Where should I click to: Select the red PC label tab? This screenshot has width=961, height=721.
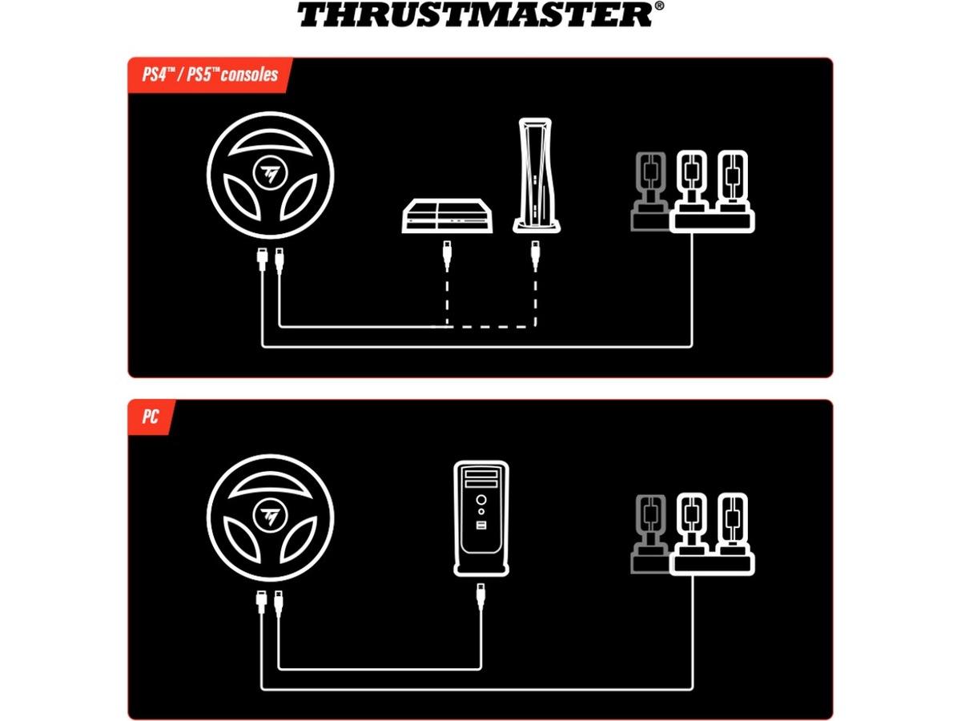[150, 417]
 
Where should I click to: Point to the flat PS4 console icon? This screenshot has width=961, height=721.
[445, 215]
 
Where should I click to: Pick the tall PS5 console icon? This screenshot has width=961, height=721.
[533, 175]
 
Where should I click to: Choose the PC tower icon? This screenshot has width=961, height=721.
[480, 518]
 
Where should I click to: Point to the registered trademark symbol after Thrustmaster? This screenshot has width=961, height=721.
[658, 6]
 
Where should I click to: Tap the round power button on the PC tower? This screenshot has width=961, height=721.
[480, 499]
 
